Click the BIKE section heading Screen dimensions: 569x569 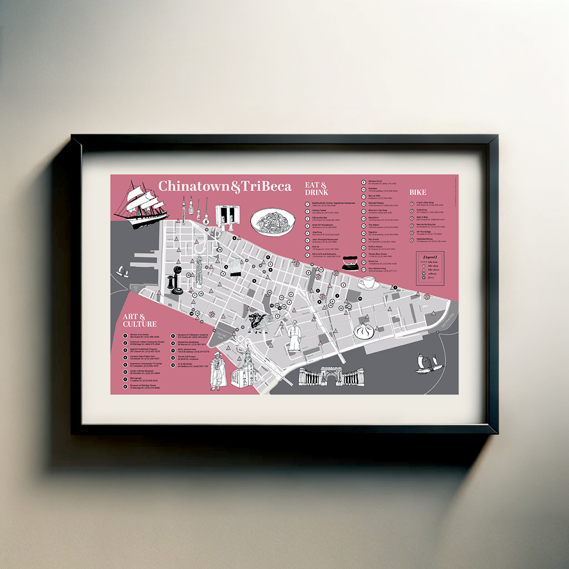(x=418, y=192)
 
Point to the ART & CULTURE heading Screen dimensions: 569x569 (x=139, y=321)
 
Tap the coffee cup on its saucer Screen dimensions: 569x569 (x=367, y=283)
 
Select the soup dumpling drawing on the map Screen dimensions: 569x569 (x=364, y=331)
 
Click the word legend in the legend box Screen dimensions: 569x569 (x=430, y=257)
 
